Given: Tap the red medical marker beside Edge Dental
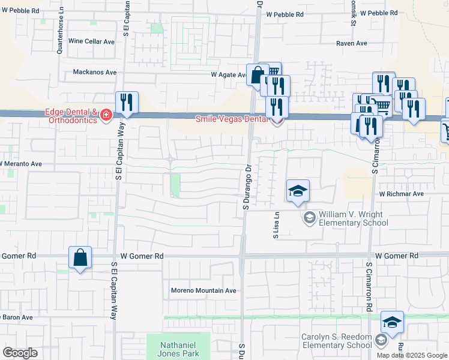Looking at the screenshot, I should click(x=106, y=115).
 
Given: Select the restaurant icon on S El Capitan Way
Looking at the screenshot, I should click(x=127, y=103).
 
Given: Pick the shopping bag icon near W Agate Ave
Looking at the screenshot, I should click(x=258, y=76).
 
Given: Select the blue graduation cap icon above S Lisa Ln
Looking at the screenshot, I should click(x=298, y=191).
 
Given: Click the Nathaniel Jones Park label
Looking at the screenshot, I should click(x=178, y=349).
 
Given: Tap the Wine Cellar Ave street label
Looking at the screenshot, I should click(x=91, y=41).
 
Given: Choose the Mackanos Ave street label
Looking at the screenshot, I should click(x=94, y=72).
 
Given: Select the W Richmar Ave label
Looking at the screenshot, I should click(x=401, y=194).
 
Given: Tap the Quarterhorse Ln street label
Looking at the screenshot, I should click(x=60, y=36).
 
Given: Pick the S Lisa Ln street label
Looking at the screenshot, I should click(x=277, y=226).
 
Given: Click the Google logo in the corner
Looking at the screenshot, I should click(x=20, y=353).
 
